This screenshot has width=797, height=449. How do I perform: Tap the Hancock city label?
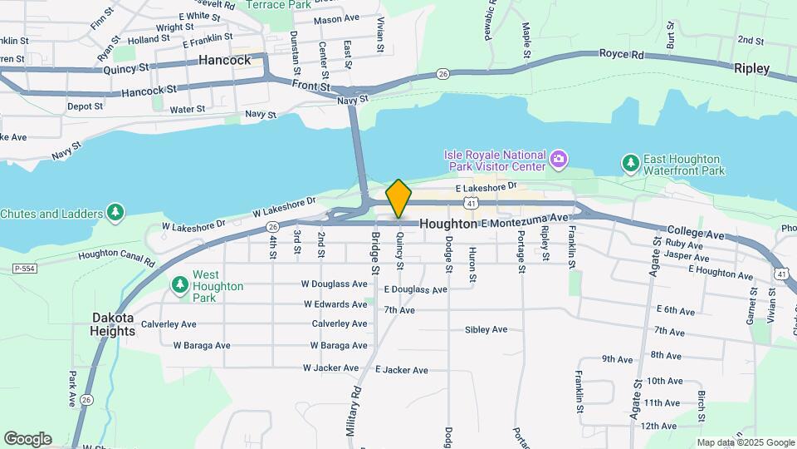[x=224, y=60]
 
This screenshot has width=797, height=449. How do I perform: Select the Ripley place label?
[x=751, y=68]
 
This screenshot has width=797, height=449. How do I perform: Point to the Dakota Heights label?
[x=113, y=324]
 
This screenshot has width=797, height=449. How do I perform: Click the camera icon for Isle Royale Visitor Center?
[x=560, y=158]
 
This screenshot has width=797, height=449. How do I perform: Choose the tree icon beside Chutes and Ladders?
[x=115, y=214]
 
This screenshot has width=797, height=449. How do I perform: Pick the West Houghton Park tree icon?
[x=179, y=285]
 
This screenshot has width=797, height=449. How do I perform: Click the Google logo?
[x=27, y=439]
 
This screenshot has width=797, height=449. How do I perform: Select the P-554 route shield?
[x=24, y=269]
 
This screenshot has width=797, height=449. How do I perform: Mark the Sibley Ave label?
[x=486, y=329]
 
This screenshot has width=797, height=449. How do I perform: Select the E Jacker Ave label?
[x=402, y=369]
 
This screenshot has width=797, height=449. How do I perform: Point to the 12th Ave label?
[x=659, y=426]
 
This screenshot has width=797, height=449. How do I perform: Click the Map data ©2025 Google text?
[x=746, y=442]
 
